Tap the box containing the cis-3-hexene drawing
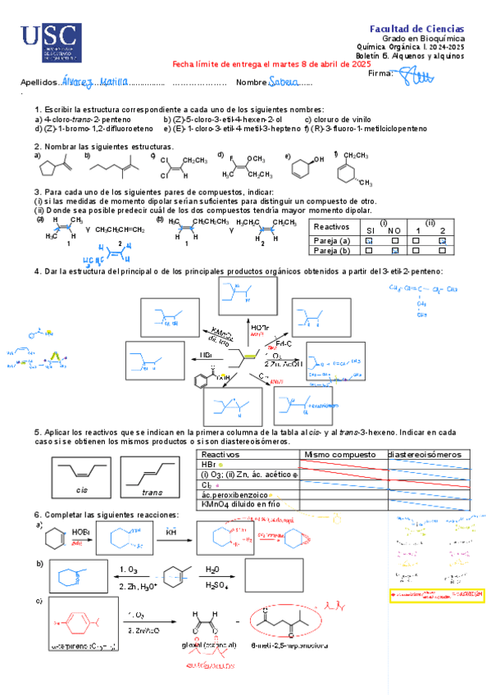click(x=82, y=475)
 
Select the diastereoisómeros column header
click(x=429, y=454)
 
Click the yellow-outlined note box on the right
click(x=434, y=592)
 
